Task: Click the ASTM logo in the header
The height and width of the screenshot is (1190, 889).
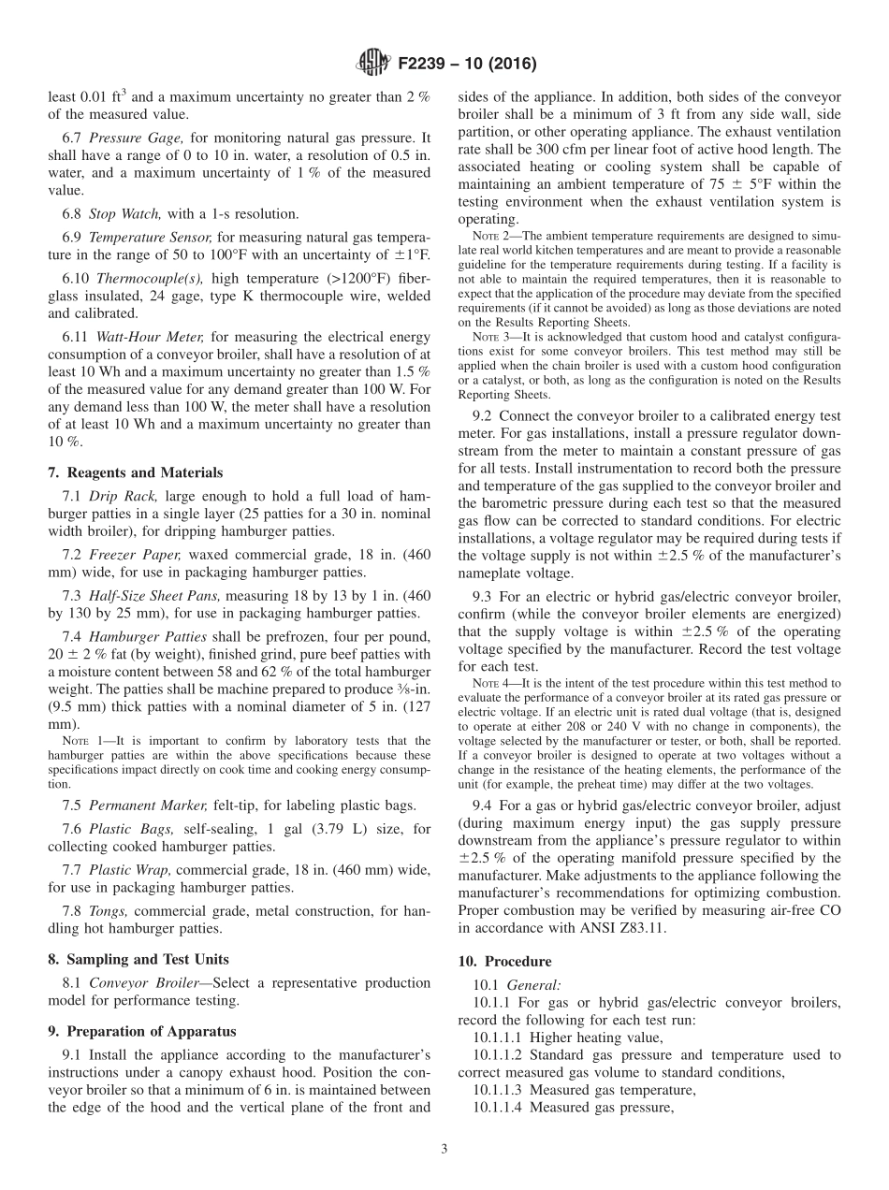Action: pos(373,64)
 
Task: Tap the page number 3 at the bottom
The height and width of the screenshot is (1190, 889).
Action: pos(444,1150)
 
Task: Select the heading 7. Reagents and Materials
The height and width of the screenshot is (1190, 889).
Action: pos(136,472)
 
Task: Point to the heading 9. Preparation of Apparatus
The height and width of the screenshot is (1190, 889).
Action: pos(143,1032)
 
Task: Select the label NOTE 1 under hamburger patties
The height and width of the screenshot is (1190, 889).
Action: pos(81,741)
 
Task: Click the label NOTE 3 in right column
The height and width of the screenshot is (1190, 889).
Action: pos(491,337)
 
